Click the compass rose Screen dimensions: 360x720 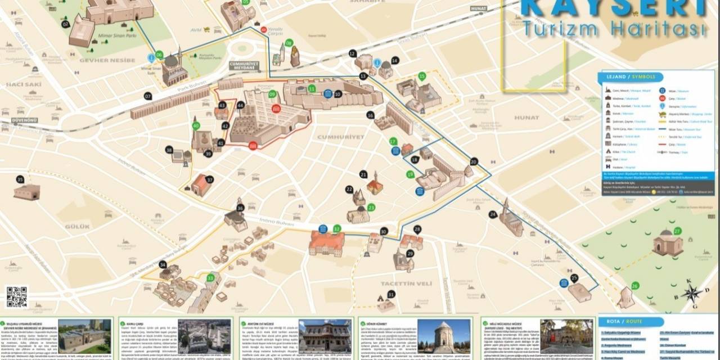pos(692,294)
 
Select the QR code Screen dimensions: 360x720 pos(16,297)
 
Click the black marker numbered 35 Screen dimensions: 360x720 pos(20,179)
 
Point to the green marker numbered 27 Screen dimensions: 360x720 pos(677,231)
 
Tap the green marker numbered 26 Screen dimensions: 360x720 pos(635,286)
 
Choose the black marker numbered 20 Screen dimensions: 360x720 pos(474,162)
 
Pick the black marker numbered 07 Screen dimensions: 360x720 pos(148,96)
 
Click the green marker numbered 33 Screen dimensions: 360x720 pos(210,277)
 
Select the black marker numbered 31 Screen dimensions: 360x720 pos(391,294)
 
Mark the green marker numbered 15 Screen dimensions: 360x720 pos(422,76)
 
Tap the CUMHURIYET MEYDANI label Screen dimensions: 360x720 pos(243,66)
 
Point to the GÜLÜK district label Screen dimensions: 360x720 pos(77,226)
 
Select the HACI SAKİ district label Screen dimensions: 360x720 pos(24,84)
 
